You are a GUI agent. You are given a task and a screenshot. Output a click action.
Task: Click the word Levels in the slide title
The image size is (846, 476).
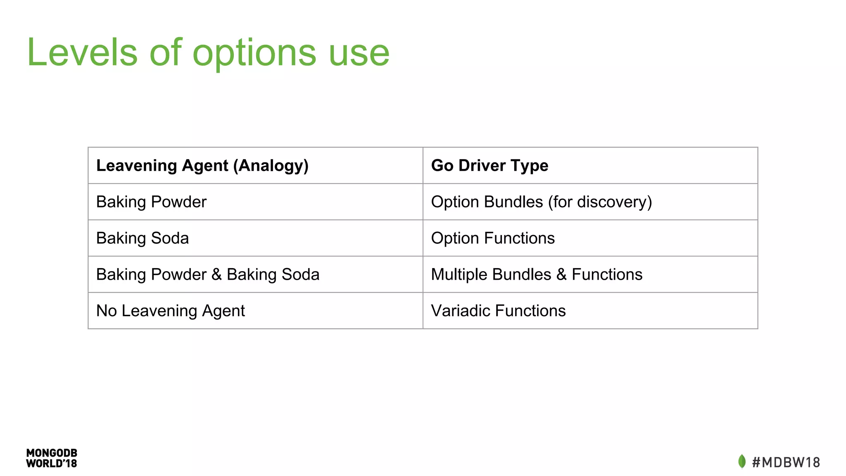[x=82, y=52]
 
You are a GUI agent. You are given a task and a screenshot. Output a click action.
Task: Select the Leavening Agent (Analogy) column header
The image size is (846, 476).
[x=202, y=166]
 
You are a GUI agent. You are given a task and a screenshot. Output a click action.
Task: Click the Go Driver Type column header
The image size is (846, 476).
[x=490, y=166]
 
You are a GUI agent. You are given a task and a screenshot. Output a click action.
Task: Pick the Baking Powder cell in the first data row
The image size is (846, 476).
[x=151, y=202]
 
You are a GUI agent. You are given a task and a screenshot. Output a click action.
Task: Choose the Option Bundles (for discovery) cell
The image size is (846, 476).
[x=541, y=202]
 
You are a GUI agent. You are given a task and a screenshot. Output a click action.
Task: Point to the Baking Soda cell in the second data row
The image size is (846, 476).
[x=143, y=238]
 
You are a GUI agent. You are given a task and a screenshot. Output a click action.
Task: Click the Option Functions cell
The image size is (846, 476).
[x=493, y=238]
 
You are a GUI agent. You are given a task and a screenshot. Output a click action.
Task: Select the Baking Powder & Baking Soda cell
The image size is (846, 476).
[x=208, y=275]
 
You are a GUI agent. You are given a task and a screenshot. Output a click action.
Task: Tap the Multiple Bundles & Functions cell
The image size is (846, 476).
[x=537, y=275]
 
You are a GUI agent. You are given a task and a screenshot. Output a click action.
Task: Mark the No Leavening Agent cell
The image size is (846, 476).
[x=170, y=311]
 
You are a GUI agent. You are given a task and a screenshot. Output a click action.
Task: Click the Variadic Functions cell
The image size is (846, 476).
[x=498, y=311]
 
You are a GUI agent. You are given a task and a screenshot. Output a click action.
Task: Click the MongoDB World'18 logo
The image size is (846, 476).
[x=52, y=458]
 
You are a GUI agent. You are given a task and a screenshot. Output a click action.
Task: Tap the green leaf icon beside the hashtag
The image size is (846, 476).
[x=742, y=462]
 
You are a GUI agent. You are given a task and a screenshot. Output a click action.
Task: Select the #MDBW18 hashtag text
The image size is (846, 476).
[x=786, y=462]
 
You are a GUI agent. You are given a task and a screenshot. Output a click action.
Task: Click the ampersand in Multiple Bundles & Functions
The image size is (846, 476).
[x=561, y=275]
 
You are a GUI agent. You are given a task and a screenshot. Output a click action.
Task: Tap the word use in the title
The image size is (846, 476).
[x=359, y=52]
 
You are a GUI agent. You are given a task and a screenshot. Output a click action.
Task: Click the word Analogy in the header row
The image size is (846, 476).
[x=271, y=166]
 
